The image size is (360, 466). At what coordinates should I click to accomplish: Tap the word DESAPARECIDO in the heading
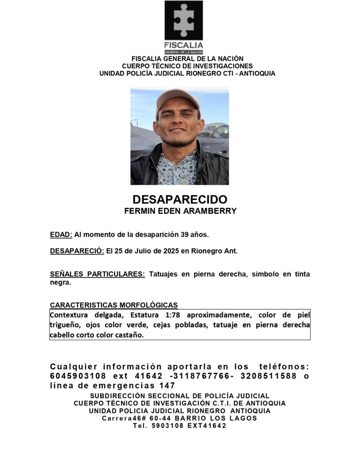coord(180,200)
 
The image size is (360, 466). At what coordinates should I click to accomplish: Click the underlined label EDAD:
coord(61,235)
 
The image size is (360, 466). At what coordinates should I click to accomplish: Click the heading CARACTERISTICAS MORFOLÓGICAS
coord(114,304)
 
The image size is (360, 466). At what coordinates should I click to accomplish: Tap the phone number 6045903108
coord(78,376)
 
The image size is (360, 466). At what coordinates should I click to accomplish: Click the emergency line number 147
coord(167,386)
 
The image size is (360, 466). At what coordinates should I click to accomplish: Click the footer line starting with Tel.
coord(179,426)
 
